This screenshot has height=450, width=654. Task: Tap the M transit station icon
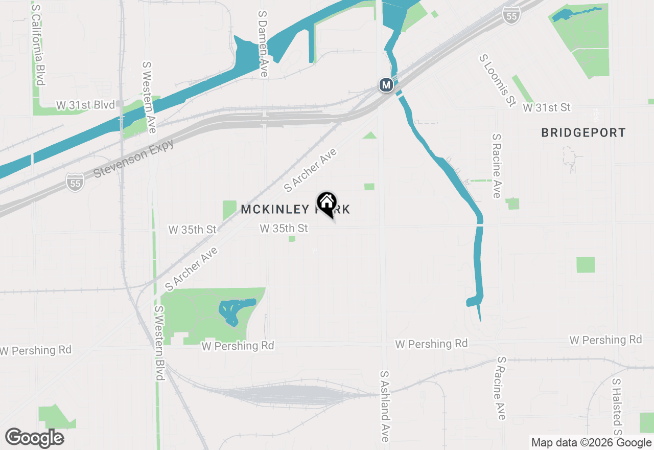pos(386,84)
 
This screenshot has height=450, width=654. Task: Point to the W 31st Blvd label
pos(85,105)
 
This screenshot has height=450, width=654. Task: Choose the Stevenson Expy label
pos(134,158)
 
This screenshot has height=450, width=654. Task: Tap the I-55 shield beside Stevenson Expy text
pos(75,182)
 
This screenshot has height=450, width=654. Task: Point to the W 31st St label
pos(546,107)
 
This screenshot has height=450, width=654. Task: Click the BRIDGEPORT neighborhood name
pos(583,133)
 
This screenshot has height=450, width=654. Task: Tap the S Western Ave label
pos(149,97)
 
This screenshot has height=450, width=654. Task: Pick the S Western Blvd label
pos(159,343)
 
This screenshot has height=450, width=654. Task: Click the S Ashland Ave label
pos(385,406)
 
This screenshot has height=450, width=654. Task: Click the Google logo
pos(35,438)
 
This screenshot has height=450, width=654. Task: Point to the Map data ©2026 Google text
pos(591,443)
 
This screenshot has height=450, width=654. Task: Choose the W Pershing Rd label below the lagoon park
pos(238,346)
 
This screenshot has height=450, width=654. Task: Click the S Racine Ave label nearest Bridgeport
pos(496,166)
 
